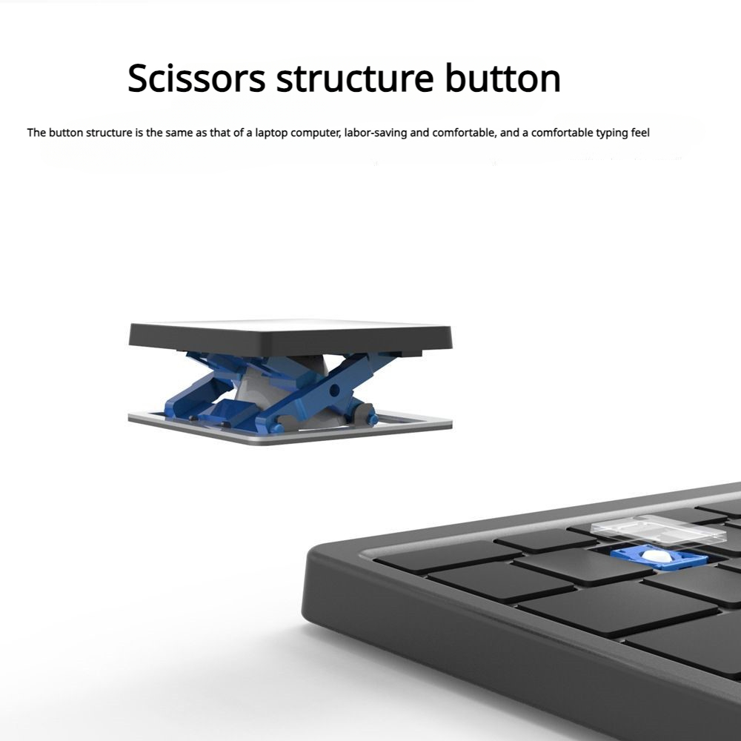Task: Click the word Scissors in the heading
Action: pos(196,78)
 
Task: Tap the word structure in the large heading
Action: pos(355,78)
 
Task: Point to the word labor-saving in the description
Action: pos(375,133)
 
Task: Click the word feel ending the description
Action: pos(640,133)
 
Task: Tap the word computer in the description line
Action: pos(316,133)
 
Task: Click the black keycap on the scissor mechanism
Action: pos(290,336)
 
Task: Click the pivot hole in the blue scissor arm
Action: pos(334,390)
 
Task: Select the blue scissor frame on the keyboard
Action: pos(658,559)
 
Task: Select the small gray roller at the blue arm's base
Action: pos(365,411)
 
